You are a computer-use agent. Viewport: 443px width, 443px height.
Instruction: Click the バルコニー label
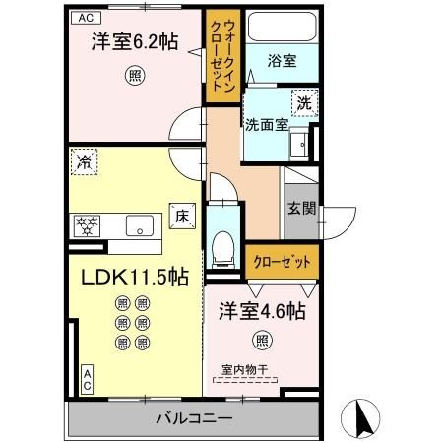[x=193, y=418]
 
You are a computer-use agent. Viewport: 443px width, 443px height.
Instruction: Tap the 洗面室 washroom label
[x=266, y=125]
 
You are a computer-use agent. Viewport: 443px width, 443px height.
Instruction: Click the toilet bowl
[x=223, y=241]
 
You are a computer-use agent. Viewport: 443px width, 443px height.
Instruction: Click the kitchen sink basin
[x=141, y=224]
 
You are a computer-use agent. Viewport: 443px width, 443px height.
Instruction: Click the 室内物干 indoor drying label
[x=245, y=371]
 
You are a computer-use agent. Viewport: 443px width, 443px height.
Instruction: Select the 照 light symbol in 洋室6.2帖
[x=131, y=74]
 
